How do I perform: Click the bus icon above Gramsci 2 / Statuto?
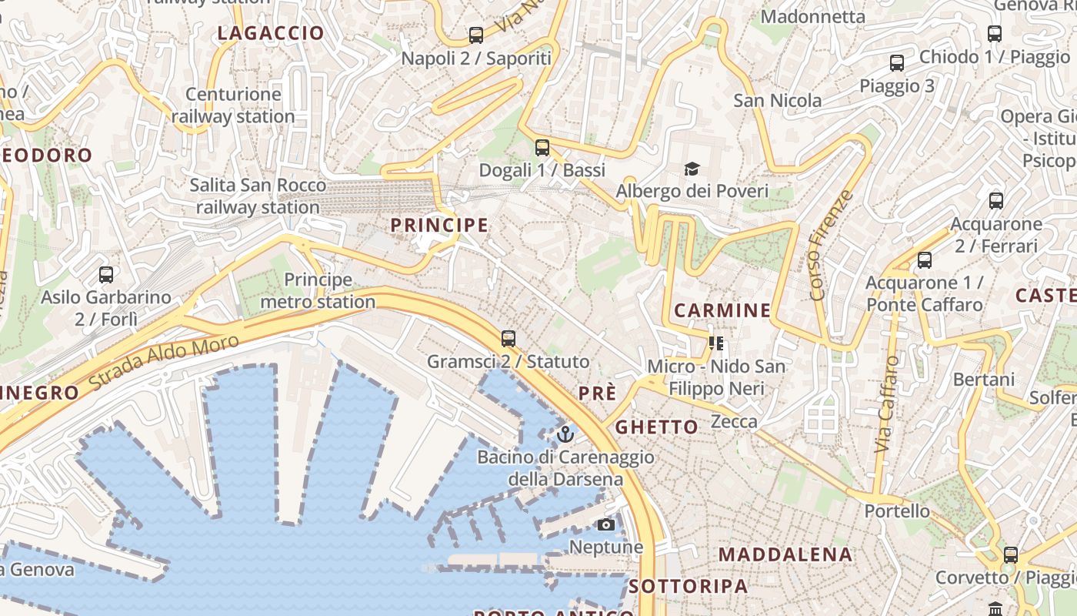(508, 338)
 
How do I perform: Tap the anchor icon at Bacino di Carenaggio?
(565, 434)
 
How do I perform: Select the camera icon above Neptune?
(606, 524)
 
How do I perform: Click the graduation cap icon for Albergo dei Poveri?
(692, 169)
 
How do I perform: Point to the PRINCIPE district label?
(439, 225)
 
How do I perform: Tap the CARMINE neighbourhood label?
(722, 310)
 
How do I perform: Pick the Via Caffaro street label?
(887, 403)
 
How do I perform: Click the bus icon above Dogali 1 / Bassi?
(542, 147)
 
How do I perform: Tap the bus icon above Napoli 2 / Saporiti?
(476, 35)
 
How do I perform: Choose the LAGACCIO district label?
(271, 33)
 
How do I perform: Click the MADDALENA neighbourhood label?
(785, 554)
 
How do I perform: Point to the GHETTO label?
(657, 427)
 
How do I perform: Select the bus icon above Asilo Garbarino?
(106, 274)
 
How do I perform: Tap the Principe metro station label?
(318, 291)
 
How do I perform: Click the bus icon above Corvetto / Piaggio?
(1011, 554)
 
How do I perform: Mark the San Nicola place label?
(777, 101)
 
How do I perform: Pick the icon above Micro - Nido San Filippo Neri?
(716, 343)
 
